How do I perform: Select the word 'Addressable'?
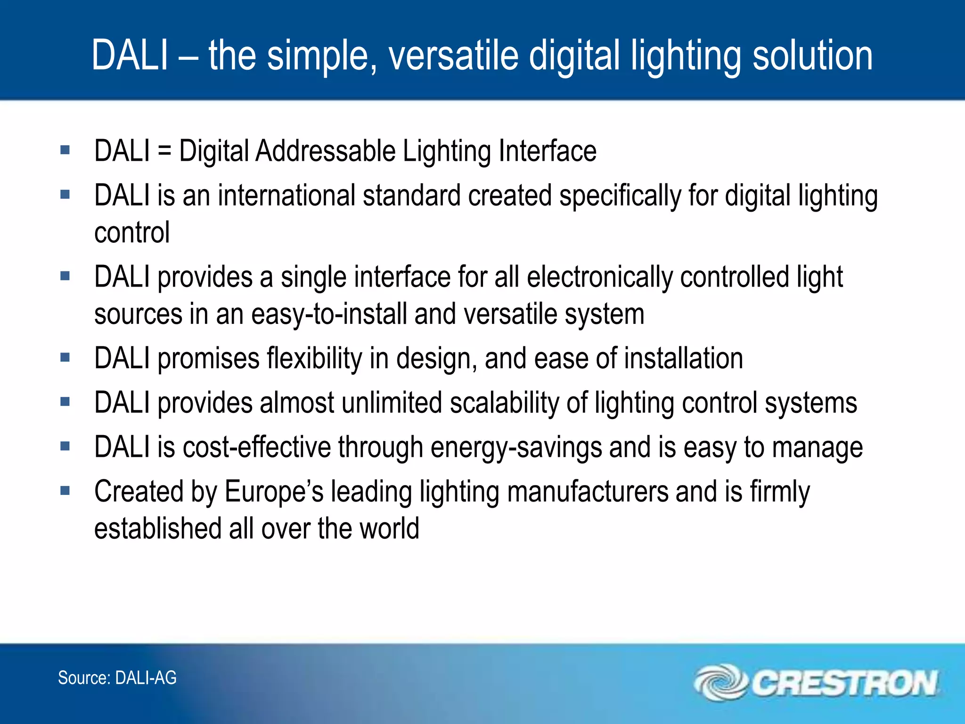325,152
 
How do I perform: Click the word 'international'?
286,196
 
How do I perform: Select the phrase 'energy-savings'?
516,448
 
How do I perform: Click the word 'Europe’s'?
274,492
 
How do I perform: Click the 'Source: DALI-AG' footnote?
117,678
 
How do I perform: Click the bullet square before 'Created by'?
65,491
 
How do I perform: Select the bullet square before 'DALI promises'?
65,357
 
